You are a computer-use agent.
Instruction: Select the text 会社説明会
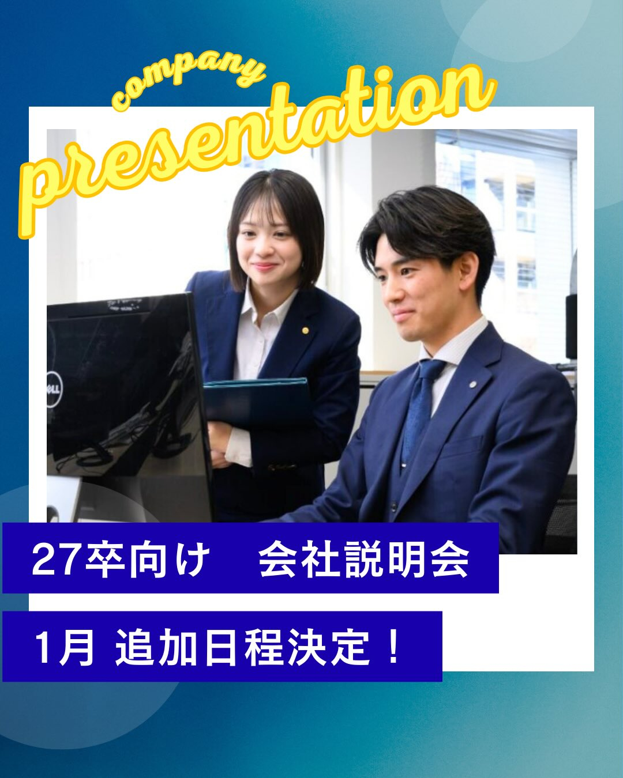tap(363, 559)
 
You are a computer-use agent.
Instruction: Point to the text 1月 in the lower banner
tap(64, 647)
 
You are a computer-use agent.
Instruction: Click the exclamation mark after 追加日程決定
tap(394, 647)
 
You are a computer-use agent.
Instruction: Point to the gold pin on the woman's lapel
tap(305, 330)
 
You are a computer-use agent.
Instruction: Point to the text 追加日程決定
tap(242, 647)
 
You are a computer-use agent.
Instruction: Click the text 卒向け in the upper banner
tap(147, 559)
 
